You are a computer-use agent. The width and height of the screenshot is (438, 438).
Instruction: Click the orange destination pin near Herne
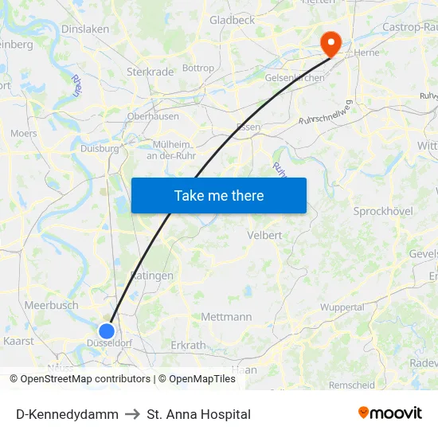click(x=328, y=41)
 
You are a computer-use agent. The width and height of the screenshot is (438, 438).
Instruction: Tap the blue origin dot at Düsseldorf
click(x=107, y=330)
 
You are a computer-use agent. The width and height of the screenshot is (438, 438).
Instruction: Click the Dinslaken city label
click(x=85, y=29)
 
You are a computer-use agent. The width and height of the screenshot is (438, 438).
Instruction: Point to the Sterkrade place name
click(x=150, y=72)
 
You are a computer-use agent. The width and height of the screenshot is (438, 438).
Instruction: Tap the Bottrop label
click(x=198, y=68)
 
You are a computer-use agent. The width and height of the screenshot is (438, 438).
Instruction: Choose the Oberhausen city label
click(x=153, y=116)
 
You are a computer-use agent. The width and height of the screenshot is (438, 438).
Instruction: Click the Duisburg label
click(x=100, y=148)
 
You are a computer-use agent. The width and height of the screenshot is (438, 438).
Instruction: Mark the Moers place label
click(x=24, y=134)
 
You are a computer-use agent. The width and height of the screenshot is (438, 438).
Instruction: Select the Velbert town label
click(x=264, y=236)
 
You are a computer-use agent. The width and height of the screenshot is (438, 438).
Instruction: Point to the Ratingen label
click(x=151, y=276)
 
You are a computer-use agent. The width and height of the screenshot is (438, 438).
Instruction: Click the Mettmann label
click(x=226, y=317)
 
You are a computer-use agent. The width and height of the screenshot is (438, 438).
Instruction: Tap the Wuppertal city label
click(x=342, y=307)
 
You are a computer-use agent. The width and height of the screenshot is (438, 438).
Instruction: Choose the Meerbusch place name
click(x=51, y=305)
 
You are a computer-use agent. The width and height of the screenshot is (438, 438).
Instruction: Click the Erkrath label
click(x=188, y=346)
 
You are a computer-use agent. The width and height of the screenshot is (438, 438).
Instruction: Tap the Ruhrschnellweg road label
click(x=326, y=115)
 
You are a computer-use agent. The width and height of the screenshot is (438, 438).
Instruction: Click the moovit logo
click(x=390, y=413)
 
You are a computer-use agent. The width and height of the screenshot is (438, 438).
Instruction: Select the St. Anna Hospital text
click(x=199, y=414)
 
